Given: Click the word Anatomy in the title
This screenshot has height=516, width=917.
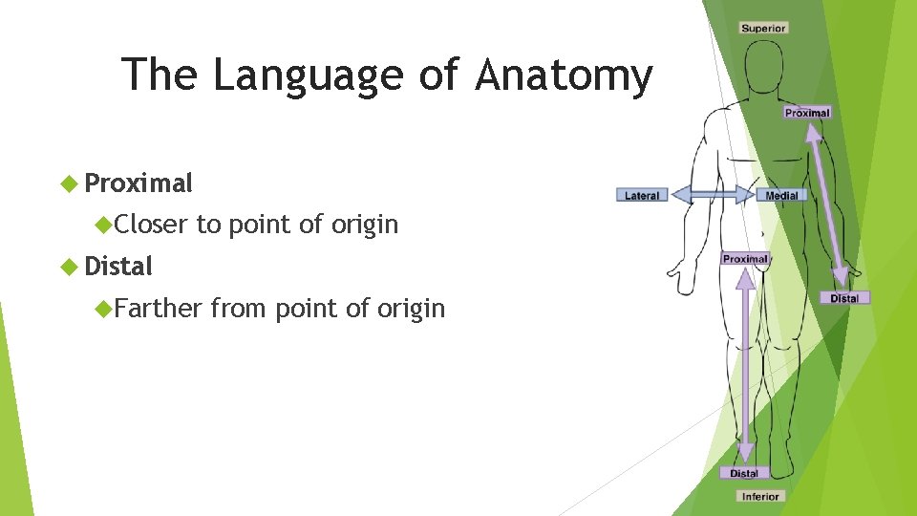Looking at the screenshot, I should [564, 75].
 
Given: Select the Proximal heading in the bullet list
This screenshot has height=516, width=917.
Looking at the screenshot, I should [139, 183].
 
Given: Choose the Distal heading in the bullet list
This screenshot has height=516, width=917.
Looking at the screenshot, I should [118, 267].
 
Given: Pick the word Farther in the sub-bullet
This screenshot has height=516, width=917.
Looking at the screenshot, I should [159, 309].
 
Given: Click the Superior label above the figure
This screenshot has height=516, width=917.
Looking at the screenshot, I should [763, 28].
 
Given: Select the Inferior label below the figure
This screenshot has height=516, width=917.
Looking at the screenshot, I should [760, 496].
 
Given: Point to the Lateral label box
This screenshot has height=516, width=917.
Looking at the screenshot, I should [642, 196].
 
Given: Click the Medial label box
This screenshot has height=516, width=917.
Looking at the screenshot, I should [782, 196].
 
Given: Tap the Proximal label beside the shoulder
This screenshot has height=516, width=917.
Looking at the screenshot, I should [807, 113].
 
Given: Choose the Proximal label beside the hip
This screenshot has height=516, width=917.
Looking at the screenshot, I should [745, 259].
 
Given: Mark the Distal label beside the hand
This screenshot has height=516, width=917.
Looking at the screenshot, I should [844, 298].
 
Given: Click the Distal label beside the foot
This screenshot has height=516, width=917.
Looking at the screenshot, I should [744, 473].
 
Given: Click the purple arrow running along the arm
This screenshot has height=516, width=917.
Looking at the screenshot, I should [827, 205].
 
